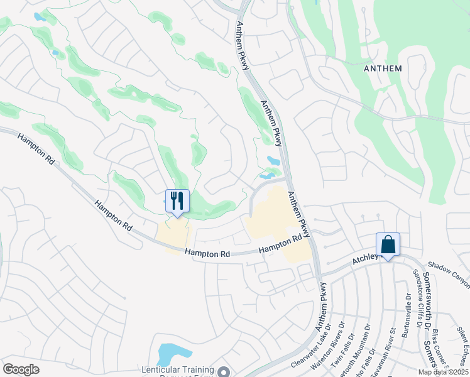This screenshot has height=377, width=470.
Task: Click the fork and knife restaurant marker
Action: pyautogui.click(x=177, y=201)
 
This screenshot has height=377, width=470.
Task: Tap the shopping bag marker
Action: pyautogui.click(x=388, y=244)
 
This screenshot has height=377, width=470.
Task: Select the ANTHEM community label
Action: pyautogui.click(x=382, y=68)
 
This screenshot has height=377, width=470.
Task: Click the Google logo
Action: pyautogui.click(x=21, y=369)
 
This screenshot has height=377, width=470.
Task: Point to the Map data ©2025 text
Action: pyautogui.click(x=443, y=372)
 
